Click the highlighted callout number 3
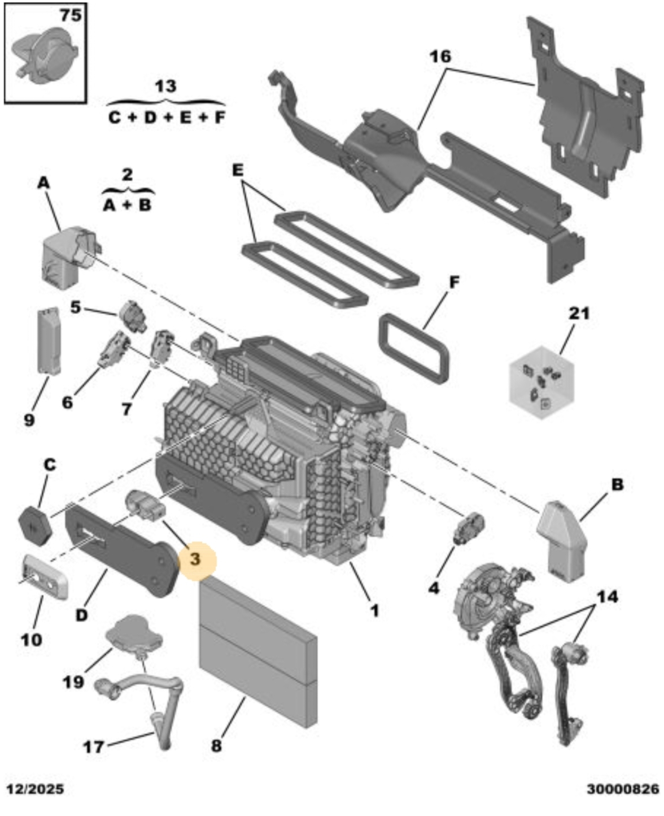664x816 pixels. coord(195,559)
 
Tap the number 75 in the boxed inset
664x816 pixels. coord(71,16)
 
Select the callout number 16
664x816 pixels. coord(440,57)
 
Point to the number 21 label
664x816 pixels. coord(579,314)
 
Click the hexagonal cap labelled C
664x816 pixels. coord(35,525)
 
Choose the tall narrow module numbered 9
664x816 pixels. coord(49,340)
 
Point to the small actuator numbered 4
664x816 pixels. coord(469,529)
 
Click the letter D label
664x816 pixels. coord(81,615)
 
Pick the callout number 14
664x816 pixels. coord(608,597)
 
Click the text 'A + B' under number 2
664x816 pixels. coord(128,206)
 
